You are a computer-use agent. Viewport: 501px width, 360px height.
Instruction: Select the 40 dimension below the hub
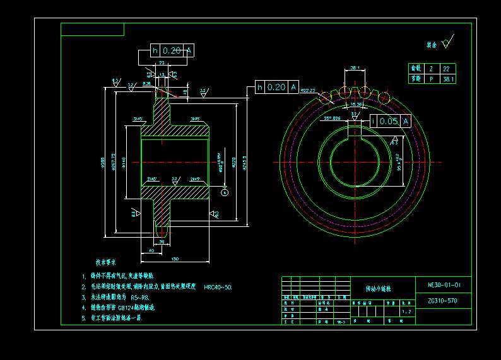151,251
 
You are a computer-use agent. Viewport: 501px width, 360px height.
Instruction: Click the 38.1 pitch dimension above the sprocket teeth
355,67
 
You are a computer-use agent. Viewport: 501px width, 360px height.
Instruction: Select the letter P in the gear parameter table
432,79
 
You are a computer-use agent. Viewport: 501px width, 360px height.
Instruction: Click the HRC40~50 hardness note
218,287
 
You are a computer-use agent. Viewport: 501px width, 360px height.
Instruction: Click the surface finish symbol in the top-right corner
447,44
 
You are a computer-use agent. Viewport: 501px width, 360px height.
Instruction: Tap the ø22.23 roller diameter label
308,91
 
